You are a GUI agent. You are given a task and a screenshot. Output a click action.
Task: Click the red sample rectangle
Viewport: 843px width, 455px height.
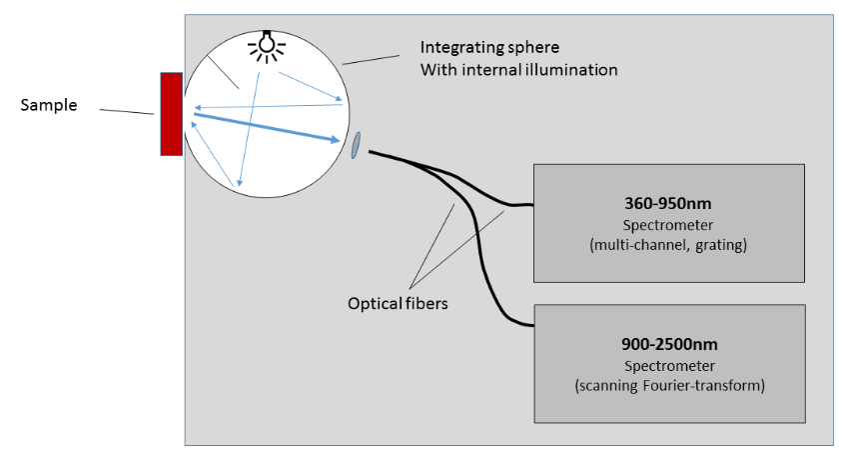[171, 113]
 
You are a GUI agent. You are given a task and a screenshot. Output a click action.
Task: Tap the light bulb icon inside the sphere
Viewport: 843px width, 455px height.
[266, 46]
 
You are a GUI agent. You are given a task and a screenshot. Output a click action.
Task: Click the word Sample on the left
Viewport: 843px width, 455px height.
[49, 105]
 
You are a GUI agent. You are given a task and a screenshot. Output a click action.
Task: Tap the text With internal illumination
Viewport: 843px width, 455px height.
[518, 70]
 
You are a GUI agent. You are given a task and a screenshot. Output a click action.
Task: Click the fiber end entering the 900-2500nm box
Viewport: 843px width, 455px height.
[527, 324]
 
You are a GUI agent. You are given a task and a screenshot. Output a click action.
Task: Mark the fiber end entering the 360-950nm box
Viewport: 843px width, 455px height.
[526, 206]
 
